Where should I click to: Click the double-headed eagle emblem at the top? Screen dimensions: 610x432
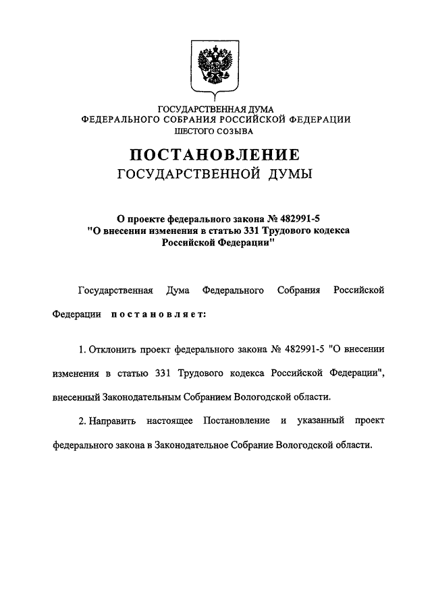[x=215, y=67]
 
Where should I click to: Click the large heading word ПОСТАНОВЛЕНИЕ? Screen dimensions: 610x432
[x=216, y=154]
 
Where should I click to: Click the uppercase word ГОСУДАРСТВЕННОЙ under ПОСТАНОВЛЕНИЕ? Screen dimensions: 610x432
[x=189, y=175]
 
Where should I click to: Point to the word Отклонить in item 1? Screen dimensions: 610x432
[x=112, y=350]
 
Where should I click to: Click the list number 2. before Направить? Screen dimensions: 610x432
[x=82, y=421]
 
